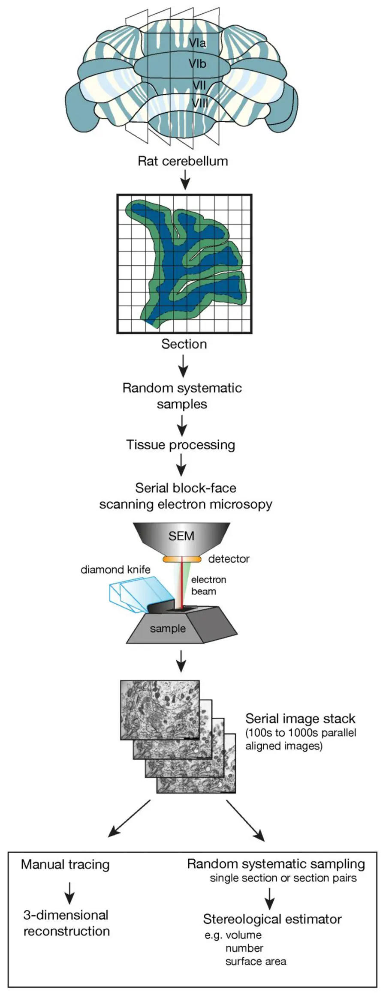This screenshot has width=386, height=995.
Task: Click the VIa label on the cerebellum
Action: pyautogui.click(x=197, y=43)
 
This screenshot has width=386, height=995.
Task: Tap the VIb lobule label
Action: pyautogui.click(x=197, y=64)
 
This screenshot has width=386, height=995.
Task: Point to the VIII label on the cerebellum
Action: pyautogui.click(x=200, y=103)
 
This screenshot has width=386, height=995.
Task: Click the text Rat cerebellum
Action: pyautogui.click(x=183, y=161)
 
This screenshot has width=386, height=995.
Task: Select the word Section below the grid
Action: pyautogui.click(x=184, y=344)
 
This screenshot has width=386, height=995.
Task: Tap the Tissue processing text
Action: pyautogui.click(x=181, y=445)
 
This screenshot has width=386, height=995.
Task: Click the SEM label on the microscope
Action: pyautogui.click(x=181, y=536)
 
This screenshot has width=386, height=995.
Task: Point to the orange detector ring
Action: pyautogui.click(x=182, y=559)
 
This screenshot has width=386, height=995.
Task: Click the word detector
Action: pyautogui.click(x=229, y=559)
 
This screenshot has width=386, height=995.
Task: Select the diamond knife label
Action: pyautogui.click(x=115, y=569)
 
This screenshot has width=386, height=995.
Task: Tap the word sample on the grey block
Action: pyautogui.click(x=168, y=629)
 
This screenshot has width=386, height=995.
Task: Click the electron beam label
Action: pyautogui.click(x=208, y=585)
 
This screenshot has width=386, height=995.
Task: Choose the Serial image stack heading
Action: pyautogui.click(x=300, y=719)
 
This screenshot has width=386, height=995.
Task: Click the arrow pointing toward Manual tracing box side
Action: pyautogui.click(x=129, y=819)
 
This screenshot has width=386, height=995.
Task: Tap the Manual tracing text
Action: pyautogui.click(x=65, y=865)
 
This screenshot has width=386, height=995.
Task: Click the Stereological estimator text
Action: pyautogui.click(x=272, y=919)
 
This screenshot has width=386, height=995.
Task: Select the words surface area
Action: pyautogui.click(x=256, y=962)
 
